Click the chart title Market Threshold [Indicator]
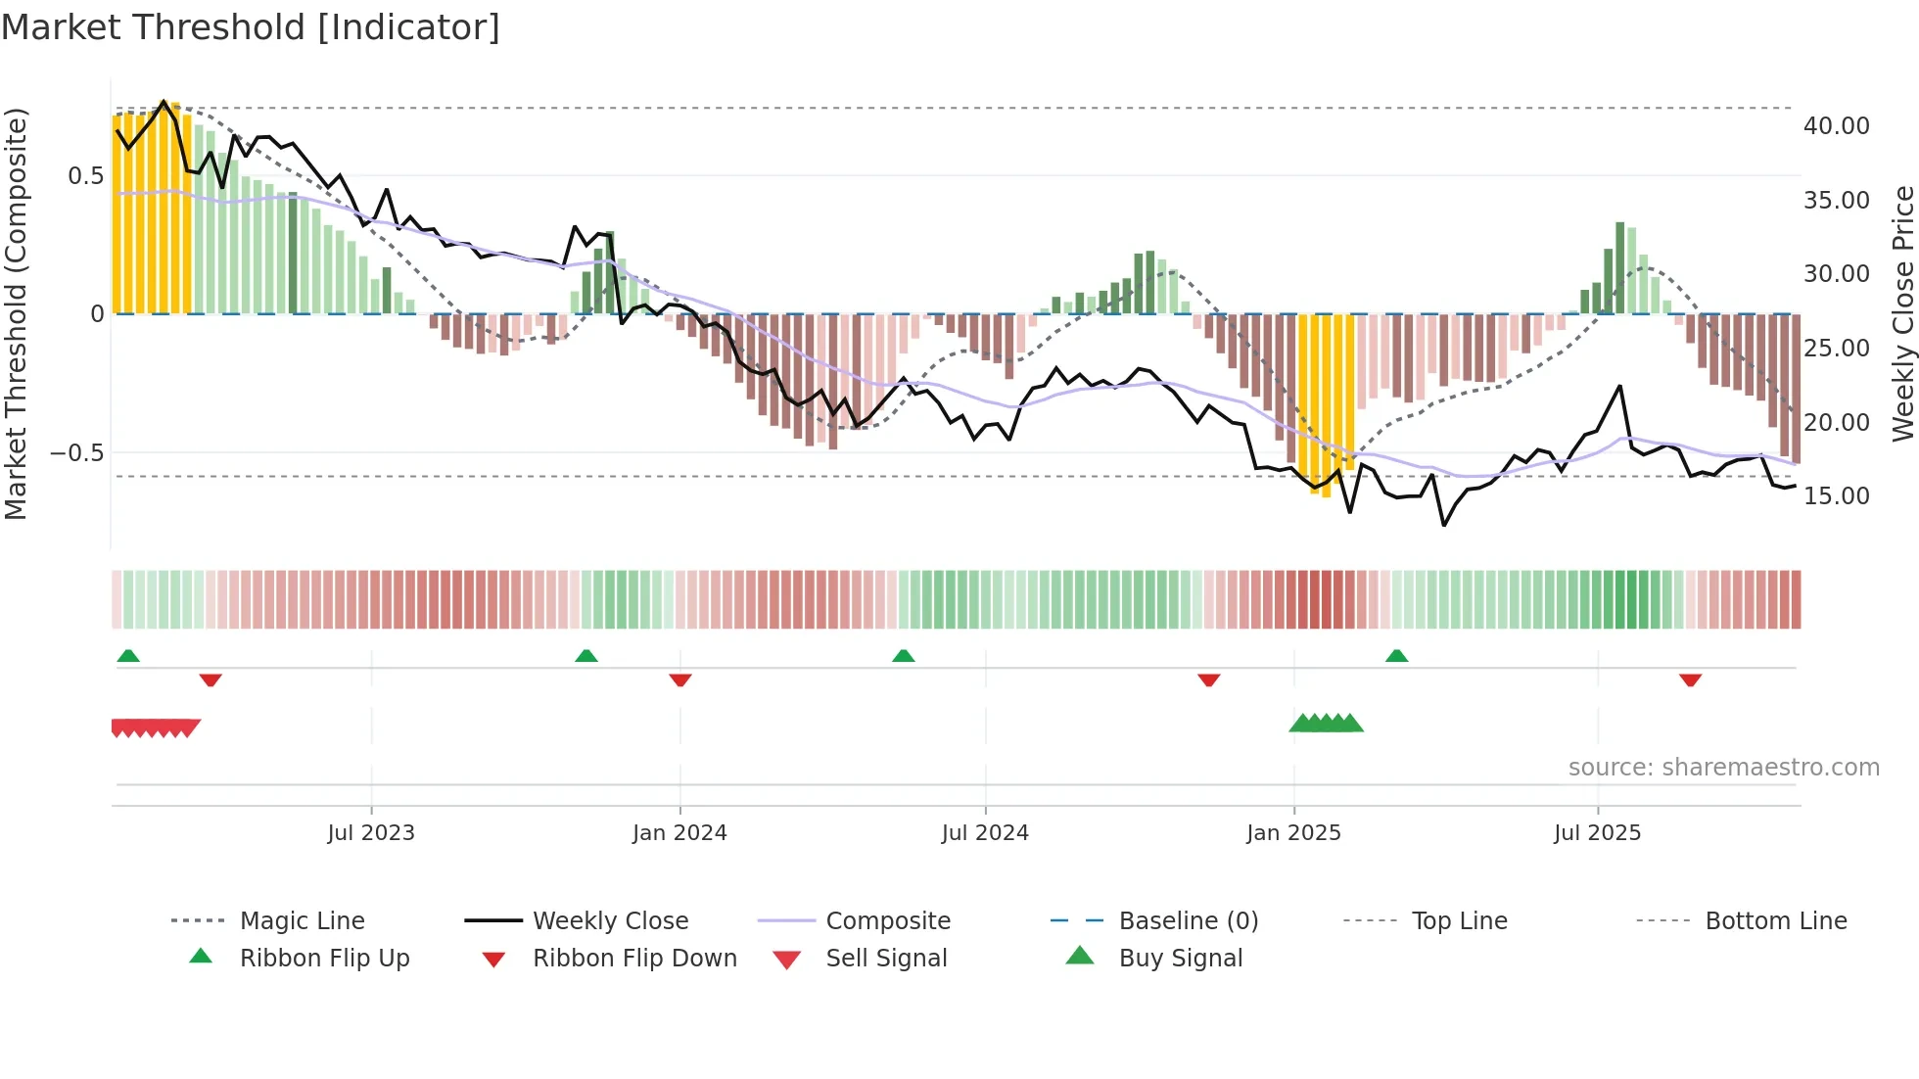(x=251, y=27)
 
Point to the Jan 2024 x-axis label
(x=679, y=833)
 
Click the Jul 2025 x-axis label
(x=1597, y=833)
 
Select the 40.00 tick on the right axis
(x=1836, y=126)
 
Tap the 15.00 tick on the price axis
(x=1836, y=496)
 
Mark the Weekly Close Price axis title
(x=1902, y=313)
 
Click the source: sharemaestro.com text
(x=1723, y=768)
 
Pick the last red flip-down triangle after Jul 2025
(x=1690, y=680)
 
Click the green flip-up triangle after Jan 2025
(x=1396, y=656)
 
